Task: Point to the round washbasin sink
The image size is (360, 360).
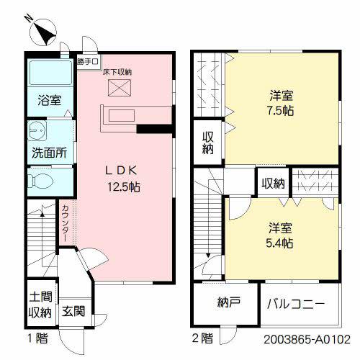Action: pos(36,132)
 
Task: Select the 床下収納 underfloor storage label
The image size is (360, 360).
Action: pos(116,72)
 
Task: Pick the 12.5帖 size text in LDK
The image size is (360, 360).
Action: pos(125,186)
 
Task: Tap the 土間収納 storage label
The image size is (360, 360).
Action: pos(40,305)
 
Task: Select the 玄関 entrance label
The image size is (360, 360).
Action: pos(72,312)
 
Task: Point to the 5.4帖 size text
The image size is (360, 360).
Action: pos(280,243)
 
